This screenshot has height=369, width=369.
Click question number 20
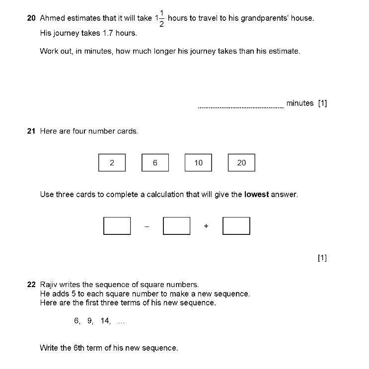(x=31, y=18)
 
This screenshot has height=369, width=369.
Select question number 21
(x=31, y=132)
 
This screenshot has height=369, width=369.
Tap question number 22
(x=31, y=285)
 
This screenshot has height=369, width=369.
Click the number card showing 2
(x=112, y=163)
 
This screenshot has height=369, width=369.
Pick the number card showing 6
(x=155, y=163)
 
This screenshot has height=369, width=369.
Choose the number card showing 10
(x=198, y=163)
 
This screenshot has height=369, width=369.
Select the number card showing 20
(x=241, y=163)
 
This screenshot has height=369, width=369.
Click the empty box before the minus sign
(x=117, y=226)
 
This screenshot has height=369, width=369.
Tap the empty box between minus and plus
(x=176, y=226)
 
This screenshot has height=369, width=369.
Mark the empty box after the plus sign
(x=236, y=226)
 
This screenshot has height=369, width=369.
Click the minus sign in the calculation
(x=147, y=226)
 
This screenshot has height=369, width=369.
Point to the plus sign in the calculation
(x=206, y=226)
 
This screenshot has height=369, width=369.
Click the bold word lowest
(x=257, y=195)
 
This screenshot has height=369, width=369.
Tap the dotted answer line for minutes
(x=241, y=106)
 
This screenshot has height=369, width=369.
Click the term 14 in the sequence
(x=105, y=321)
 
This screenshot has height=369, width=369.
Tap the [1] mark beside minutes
(x=322, y=103)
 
